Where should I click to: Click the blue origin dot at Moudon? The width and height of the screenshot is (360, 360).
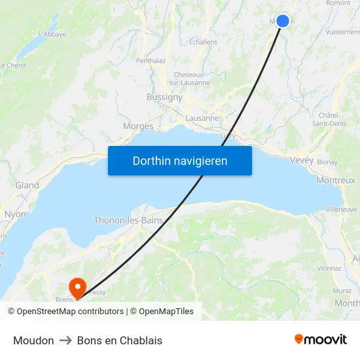point(283,21)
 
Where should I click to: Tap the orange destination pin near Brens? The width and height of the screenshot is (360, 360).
point(77,286)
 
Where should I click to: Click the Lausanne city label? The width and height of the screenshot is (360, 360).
point(202,118)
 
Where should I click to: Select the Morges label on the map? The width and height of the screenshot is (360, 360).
point(138,126)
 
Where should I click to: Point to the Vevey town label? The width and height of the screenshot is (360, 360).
point(302,160)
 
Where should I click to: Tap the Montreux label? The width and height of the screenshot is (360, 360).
point(335,180)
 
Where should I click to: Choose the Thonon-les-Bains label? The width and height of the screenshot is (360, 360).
point(128,221)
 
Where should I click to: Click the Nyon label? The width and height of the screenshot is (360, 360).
point(15,214)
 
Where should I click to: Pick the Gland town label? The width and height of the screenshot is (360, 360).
point(27,185)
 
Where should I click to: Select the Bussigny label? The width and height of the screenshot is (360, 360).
point(164,97)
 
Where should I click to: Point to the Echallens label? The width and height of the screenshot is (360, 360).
point(203,42)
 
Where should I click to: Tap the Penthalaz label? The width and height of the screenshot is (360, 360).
point(151,61)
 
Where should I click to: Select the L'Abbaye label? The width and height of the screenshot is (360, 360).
point(52,34)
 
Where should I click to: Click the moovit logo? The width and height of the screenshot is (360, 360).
point(321,339)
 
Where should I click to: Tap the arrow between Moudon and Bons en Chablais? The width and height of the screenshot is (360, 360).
point(65,340)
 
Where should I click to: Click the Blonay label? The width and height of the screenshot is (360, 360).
point(327,162)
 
